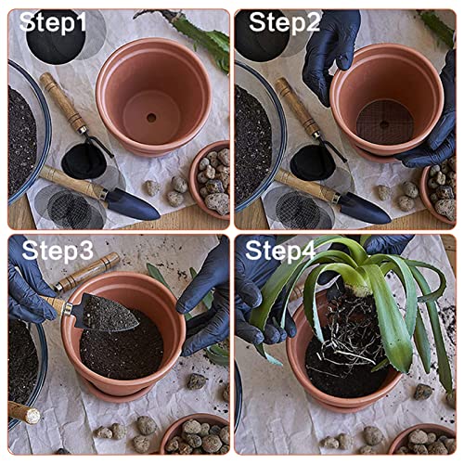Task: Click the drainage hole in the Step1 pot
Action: pos(149,119)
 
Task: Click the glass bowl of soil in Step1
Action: pos(23,139)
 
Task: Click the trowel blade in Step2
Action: pos(362,206)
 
